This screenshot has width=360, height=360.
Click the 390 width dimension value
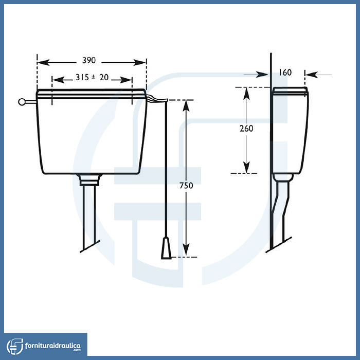click(89, 60)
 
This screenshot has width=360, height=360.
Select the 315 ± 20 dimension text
click(92, 77)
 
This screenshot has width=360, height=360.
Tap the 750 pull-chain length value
click(186, 185)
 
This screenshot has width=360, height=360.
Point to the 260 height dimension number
click(246, 129)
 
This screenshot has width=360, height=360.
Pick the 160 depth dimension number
click(285, 73)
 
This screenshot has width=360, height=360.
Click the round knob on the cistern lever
click(22, 102)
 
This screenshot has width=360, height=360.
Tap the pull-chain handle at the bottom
click(166, 248)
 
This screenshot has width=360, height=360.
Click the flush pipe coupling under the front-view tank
click(89, 180)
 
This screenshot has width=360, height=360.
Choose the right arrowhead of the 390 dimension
click(139, 62)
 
